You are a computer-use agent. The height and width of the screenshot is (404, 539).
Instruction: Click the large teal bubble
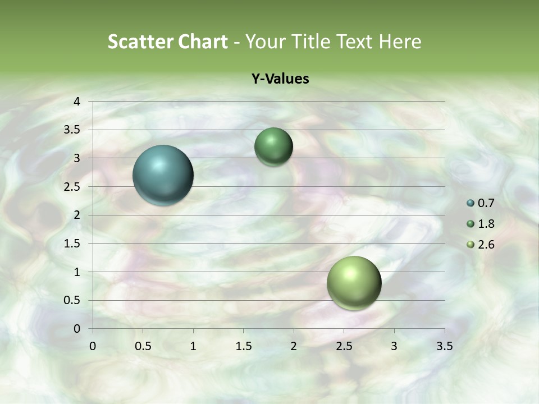click(163, 175)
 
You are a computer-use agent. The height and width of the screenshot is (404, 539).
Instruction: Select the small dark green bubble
click(273, 146)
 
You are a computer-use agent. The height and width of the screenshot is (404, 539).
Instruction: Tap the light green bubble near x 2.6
click(354, 283)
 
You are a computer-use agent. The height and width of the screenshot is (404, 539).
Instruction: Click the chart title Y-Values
click(280, 79)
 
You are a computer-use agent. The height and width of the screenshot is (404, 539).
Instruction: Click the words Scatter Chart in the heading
click(167, 42)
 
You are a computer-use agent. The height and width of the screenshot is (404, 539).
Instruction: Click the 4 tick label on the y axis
click(77, 102)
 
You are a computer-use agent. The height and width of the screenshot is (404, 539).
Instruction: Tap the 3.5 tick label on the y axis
click(73, 130)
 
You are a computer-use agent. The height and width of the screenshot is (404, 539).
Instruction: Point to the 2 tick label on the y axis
click(77, 215)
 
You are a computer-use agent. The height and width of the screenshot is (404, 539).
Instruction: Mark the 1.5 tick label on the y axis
click(73, 244)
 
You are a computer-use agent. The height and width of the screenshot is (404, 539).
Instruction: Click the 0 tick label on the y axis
click(77, 329)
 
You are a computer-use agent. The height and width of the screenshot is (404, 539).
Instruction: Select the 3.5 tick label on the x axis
click(444, 346)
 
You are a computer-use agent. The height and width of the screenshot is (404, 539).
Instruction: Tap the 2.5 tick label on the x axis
click(344, 346)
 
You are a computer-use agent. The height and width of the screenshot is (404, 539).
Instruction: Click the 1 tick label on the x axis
click(193, 346)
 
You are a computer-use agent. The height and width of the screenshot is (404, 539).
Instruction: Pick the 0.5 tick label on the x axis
click(143, 346)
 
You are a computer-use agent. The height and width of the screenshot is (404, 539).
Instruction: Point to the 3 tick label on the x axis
click(394, 346)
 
